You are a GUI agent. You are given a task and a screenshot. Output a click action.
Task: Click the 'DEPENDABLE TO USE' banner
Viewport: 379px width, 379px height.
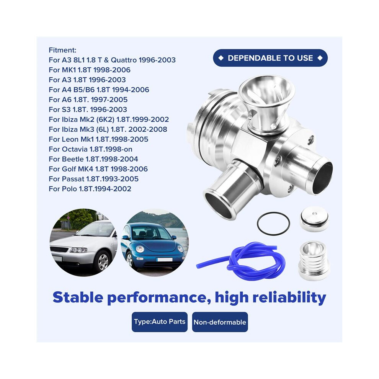[270, 58]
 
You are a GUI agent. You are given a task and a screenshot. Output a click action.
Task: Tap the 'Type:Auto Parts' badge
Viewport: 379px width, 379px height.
[160, 322]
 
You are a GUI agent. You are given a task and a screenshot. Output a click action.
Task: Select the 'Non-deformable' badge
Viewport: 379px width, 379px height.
[220, 322]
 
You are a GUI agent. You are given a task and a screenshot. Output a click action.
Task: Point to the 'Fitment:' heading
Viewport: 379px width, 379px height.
[62, 50]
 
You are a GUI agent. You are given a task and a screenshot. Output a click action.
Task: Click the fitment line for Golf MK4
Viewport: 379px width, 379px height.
[98, 169]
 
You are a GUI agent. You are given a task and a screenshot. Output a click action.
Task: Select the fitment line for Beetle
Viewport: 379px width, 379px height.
[93, 159]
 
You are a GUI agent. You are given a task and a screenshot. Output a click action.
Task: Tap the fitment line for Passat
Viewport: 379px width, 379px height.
[93, 179]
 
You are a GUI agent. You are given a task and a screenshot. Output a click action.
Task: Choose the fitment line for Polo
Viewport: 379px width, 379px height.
[90, 189]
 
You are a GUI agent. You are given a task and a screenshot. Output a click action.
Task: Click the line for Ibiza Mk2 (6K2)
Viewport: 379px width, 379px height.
[109, 119]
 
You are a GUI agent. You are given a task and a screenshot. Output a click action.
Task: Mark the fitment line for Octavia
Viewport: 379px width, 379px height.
[90, 149]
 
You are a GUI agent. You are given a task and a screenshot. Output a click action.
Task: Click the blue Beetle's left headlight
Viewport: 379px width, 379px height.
[140, 249]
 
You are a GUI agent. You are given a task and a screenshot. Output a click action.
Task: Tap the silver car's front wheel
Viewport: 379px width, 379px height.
[103, 261]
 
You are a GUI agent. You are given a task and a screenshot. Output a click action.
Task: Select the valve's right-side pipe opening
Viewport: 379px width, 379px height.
[322, 177]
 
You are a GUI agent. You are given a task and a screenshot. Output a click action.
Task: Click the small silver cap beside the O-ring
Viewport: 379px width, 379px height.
[314, 219]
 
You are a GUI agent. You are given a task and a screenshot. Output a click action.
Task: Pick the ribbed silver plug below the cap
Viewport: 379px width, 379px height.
[314, 261]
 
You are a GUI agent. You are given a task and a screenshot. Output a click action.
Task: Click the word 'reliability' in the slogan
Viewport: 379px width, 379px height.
[289, 298]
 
